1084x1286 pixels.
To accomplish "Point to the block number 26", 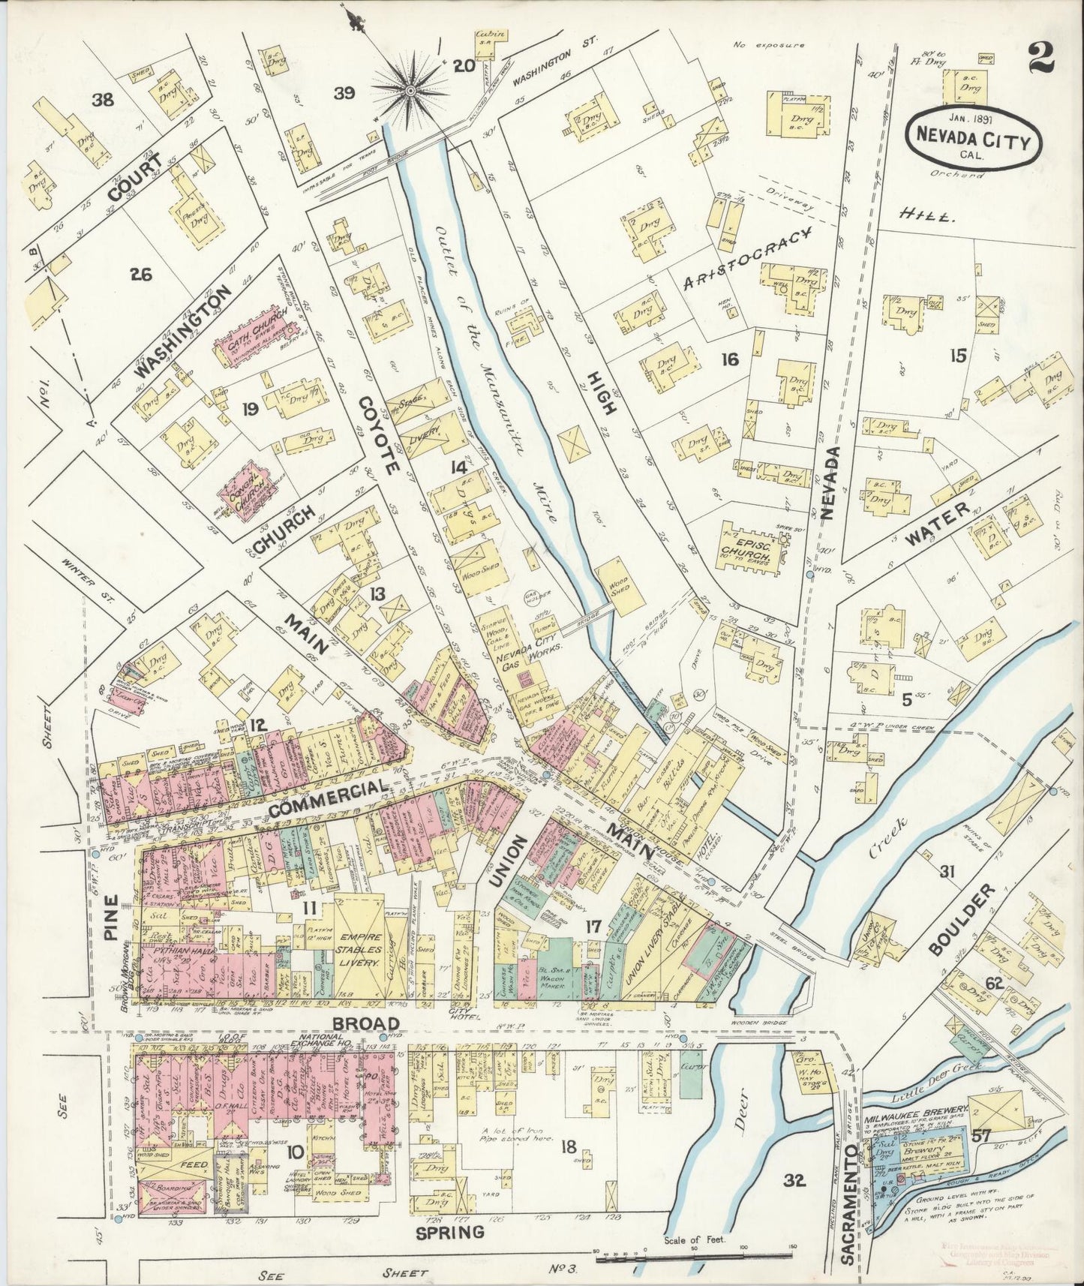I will (140, 275).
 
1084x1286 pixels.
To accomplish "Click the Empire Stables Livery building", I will (361, 942).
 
